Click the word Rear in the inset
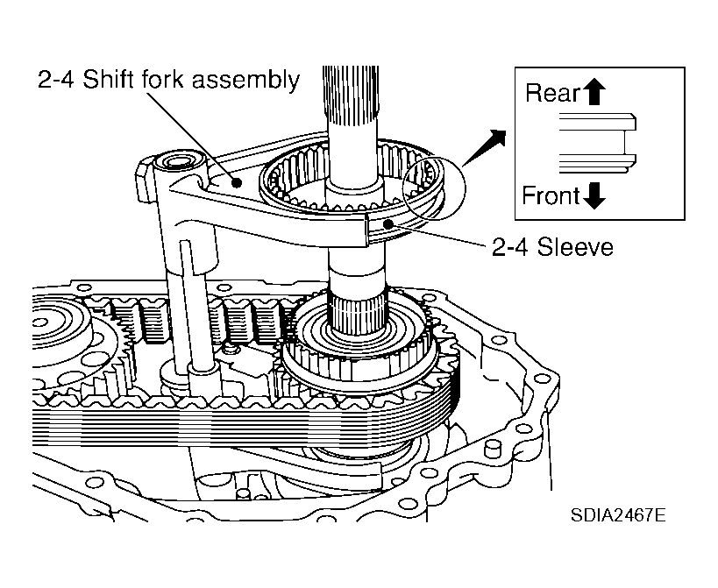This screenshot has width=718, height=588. point(553,92)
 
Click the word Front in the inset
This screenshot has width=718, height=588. point(551,195)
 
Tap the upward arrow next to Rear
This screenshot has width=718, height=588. point(596,92)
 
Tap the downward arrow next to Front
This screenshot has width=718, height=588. point(594,196)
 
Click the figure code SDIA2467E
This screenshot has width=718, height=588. point(617,514)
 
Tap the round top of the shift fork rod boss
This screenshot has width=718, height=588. point(178,163)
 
